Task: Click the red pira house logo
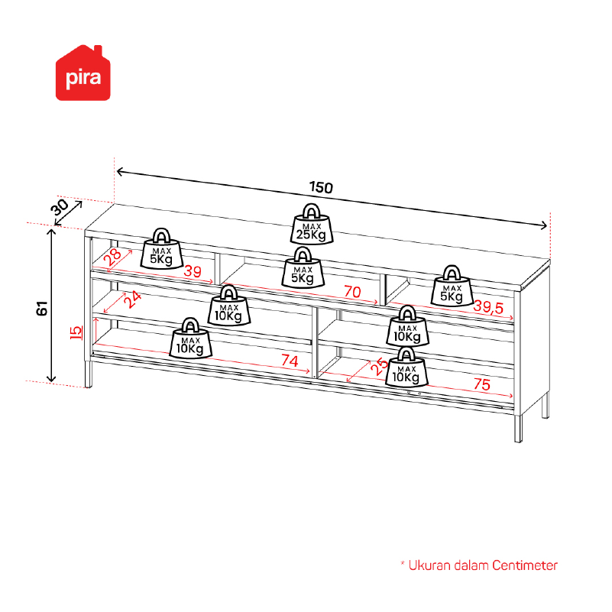coord(83,73)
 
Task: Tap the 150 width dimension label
coord(321,187)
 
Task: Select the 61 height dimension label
coord(42,309)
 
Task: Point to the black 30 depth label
coord(60,207)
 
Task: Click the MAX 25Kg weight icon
coord(312,225)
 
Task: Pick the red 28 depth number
coord(113,257)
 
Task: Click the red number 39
coord(193,271)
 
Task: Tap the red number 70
coord(352,292)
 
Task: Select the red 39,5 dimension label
coord(488,307)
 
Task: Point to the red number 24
coord(133,300)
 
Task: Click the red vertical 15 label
coord(76,332)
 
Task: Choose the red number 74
coord(290,361)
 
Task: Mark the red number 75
coord(481,384)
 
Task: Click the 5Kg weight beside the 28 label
coord(161,249)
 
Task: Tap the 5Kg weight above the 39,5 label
coord(452,286)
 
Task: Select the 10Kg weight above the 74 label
coord(190,338)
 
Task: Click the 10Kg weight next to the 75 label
coord(406,368)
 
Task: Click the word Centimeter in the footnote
coord(525,565)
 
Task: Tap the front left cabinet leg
coord(89,374)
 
